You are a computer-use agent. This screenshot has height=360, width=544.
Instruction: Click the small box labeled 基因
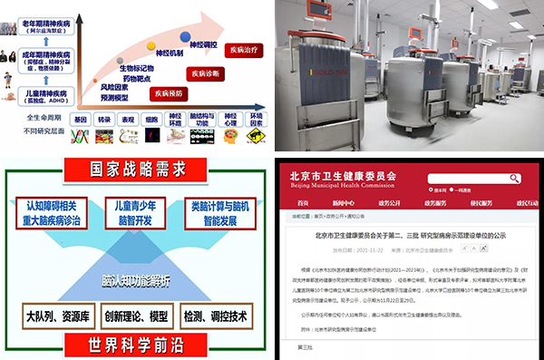coord(81,119)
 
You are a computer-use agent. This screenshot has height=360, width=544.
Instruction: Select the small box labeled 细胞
coord(151,119)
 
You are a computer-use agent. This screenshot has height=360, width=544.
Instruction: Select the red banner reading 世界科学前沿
coord(136,345)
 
